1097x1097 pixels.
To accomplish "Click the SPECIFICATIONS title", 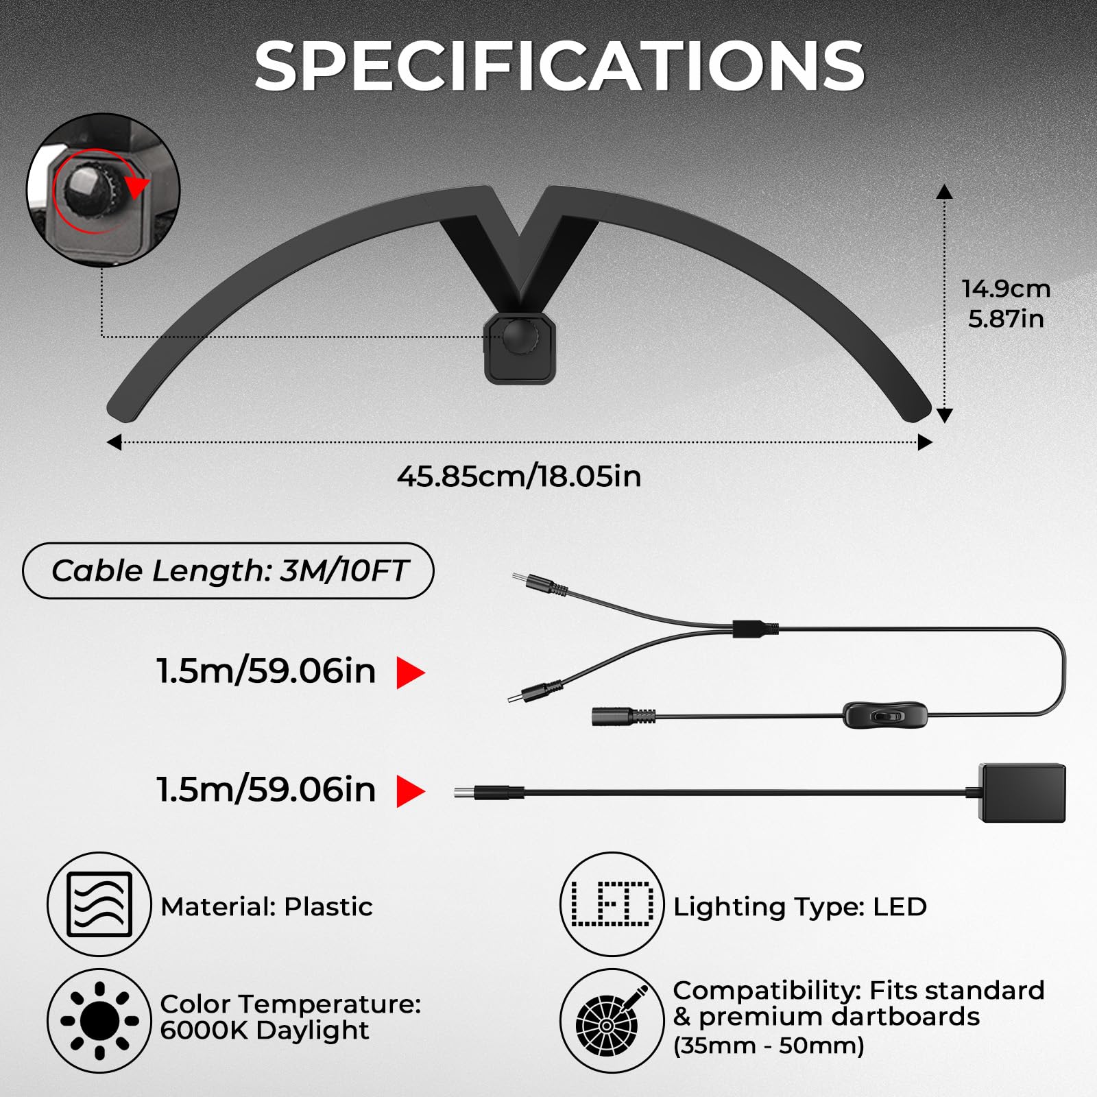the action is point(559,66).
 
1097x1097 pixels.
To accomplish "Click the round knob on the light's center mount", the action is point(520,337).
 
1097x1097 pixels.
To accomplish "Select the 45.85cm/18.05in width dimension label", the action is point(519,476).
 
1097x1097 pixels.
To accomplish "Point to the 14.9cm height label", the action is point(1006,289).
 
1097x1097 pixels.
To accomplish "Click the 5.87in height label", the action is point(1006,319).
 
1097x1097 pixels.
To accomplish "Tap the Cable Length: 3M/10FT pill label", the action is point(228,570).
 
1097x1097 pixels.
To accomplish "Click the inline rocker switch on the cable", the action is point(885,715).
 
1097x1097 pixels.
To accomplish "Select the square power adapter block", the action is point(1023,793).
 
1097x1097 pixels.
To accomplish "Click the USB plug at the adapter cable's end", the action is point(489,793).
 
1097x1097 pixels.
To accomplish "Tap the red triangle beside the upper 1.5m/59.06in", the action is point(411,673).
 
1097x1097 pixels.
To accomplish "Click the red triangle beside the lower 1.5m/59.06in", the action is point(411,792).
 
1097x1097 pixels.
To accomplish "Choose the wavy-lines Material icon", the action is point(99,904).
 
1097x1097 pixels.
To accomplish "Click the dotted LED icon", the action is point(612,904).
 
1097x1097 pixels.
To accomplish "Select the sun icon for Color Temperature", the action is point(99,1021).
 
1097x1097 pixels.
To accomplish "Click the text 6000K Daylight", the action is point(265,1030).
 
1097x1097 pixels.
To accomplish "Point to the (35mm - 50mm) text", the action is point(769,1046).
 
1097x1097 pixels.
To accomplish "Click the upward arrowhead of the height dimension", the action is point(945,191).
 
